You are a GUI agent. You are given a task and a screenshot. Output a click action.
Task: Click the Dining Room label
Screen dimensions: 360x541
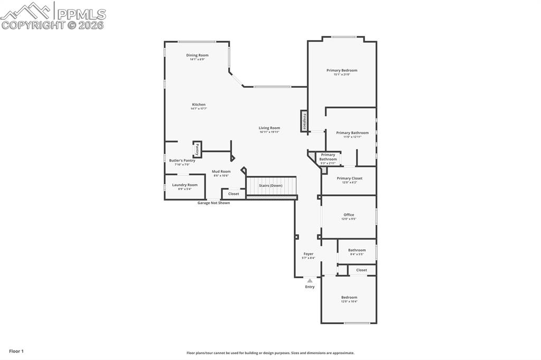click(197, 55)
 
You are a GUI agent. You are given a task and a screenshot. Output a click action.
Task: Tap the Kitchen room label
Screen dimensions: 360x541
click(199, 105)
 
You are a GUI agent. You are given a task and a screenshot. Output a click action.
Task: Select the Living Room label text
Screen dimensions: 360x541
click(269, 128)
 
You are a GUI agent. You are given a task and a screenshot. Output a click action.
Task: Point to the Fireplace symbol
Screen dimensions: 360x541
click(304, 120)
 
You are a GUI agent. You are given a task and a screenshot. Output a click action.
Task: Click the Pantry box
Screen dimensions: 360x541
click(197, 149)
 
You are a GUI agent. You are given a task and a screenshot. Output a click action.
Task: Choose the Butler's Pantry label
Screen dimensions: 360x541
click(182, 160)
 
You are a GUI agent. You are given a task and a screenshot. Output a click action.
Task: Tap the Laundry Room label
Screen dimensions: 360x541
click(184, 185)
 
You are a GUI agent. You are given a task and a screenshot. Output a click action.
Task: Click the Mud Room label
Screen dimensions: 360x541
click(221, 172)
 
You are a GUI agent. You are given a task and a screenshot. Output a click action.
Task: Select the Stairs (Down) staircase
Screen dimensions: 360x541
click(271, 186)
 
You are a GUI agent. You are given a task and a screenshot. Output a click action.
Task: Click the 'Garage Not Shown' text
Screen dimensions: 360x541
click(213, 203)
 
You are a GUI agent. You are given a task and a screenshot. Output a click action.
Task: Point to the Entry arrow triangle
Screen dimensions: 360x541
click(310, 281)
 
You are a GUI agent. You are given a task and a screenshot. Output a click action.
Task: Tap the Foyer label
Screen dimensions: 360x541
click(308, 254)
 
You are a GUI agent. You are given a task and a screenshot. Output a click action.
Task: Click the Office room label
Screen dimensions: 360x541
click(349, 215)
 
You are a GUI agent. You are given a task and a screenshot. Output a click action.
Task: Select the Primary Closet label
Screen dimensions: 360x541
click(349, 178)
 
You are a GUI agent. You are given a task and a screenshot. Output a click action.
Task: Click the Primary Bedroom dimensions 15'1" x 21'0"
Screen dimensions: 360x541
click(342, 74)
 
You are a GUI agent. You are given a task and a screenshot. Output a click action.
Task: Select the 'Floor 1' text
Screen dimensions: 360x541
click(16, 351)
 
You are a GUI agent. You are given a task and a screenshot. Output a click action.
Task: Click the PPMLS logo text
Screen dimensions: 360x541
click(81, 14)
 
